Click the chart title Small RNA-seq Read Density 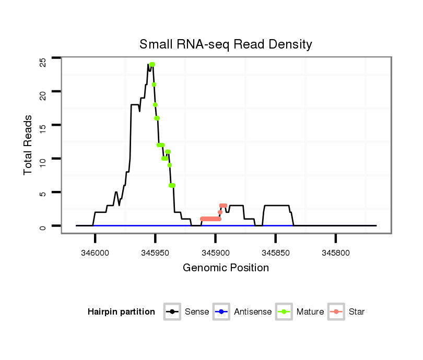(x=226, y=44)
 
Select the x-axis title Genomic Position (x=226, y=268)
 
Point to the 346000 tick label (x=95, y=253)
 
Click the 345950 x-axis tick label (x=155, y=253)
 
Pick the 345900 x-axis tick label (x=215, y=253)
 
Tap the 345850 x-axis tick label (x=275, y=253)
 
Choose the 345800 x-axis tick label (x=335, y=253)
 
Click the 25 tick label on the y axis (x=43, y=62)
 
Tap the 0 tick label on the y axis (x=43, y=226)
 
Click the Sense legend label (x=197, y=312)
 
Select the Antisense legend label (x=253, y=312)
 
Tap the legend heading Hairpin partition (x=121, y=312)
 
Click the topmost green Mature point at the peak (x=152, y=65)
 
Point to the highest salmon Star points (x=223, y=206)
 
